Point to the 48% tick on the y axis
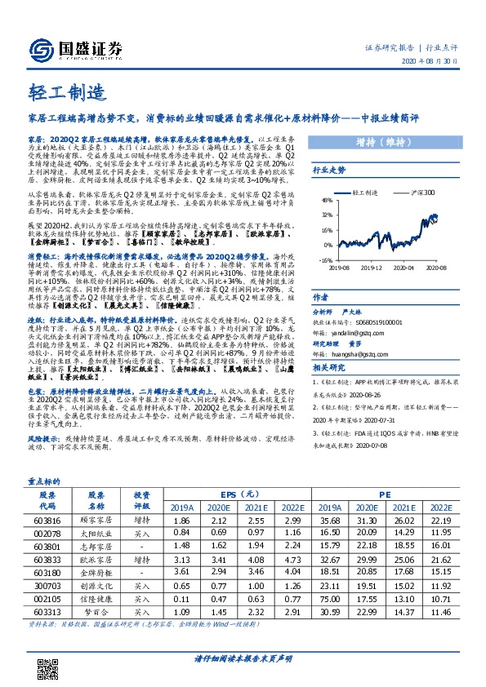328,200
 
